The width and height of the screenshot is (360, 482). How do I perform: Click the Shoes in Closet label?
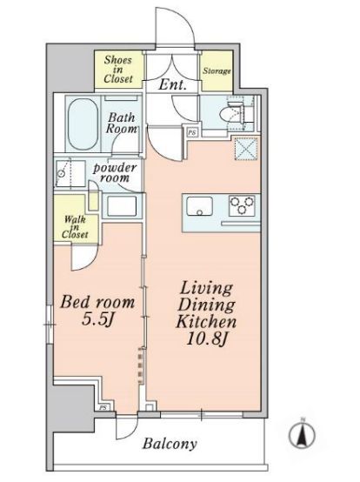118,70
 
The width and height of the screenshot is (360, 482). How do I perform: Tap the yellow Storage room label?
217,71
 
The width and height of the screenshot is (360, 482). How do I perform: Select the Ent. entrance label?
172,84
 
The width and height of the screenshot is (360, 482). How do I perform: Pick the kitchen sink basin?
200,206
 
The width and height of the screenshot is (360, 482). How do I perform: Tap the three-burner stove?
242,205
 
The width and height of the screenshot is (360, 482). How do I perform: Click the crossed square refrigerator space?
246,149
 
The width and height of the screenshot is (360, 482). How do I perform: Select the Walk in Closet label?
75,227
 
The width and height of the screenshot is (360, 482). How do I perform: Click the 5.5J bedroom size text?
98,320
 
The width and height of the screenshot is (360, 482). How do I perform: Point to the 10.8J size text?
207,339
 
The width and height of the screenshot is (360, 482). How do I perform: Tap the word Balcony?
170,444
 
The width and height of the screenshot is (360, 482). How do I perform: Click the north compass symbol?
303,434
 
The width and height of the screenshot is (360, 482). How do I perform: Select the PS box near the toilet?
192,133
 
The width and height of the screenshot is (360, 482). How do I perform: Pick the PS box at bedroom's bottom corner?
103,407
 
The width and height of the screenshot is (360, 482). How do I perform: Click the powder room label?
115,173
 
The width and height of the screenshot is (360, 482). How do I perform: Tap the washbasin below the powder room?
122,205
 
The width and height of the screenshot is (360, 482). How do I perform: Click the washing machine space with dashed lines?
70,173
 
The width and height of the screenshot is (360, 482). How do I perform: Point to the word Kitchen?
206,322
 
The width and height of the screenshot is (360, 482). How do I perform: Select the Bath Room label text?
122,123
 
